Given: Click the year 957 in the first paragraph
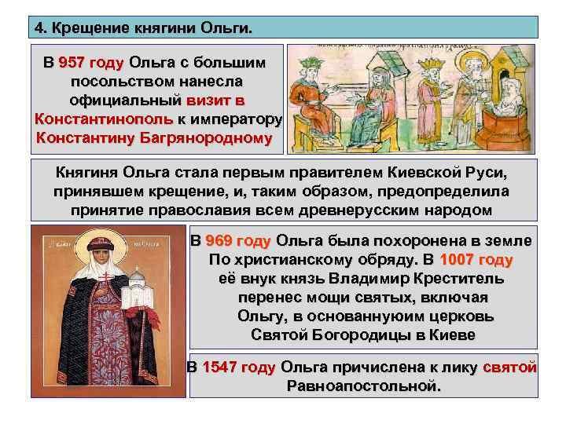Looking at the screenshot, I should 71,62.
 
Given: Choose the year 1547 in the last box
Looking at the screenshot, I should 219,367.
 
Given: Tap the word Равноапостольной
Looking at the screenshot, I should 364,386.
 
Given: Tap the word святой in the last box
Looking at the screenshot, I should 510,367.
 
